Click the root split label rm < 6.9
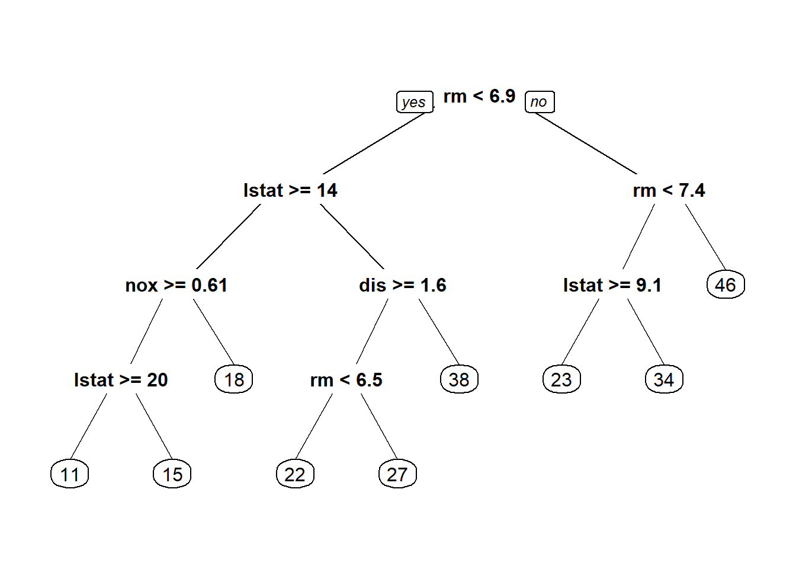[479, 96]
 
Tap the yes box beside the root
[414, 102]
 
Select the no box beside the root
[539, 102]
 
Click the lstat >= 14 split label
[290, 190]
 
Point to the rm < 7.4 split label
[669, 190]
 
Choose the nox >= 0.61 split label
[176, 285]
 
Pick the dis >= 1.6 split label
[402, 285]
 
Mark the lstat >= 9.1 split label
[612, 285]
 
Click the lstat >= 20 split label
[121, 380]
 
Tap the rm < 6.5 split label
[346, 380]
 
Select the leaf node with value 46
[726, 285]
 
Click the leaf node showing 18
[234, 380]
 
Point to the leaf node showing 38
[459, 380]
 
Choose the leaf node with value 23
[561, 380]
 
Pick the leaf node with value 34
[664, 380]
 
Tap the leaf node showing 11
[70, 474]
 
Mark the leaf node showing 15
[172, 474]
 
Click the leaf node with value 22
[295, 474]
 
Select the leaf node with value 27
[397, 474]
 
